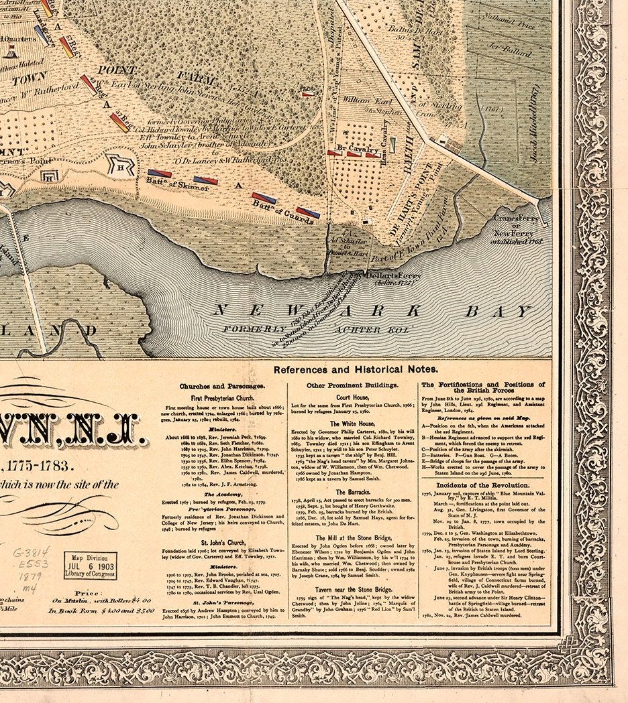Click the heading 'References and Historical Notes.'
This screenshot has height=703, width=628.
tap(355, 369)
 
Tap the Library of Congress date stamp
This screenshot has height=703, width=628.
tap(90, 565)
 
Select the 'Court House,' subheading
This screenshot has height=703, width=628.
tap(352, 397)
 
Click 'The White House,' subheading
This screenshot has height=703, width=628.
tap(352, 424)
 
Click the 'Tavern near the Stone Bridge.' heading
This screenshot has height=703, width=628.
tap(353, 589)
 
